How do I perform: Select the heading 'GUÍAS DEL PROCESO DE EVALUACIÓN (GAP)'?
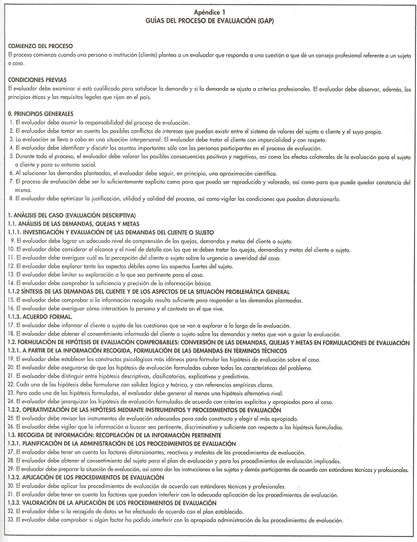pos(208,21)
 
